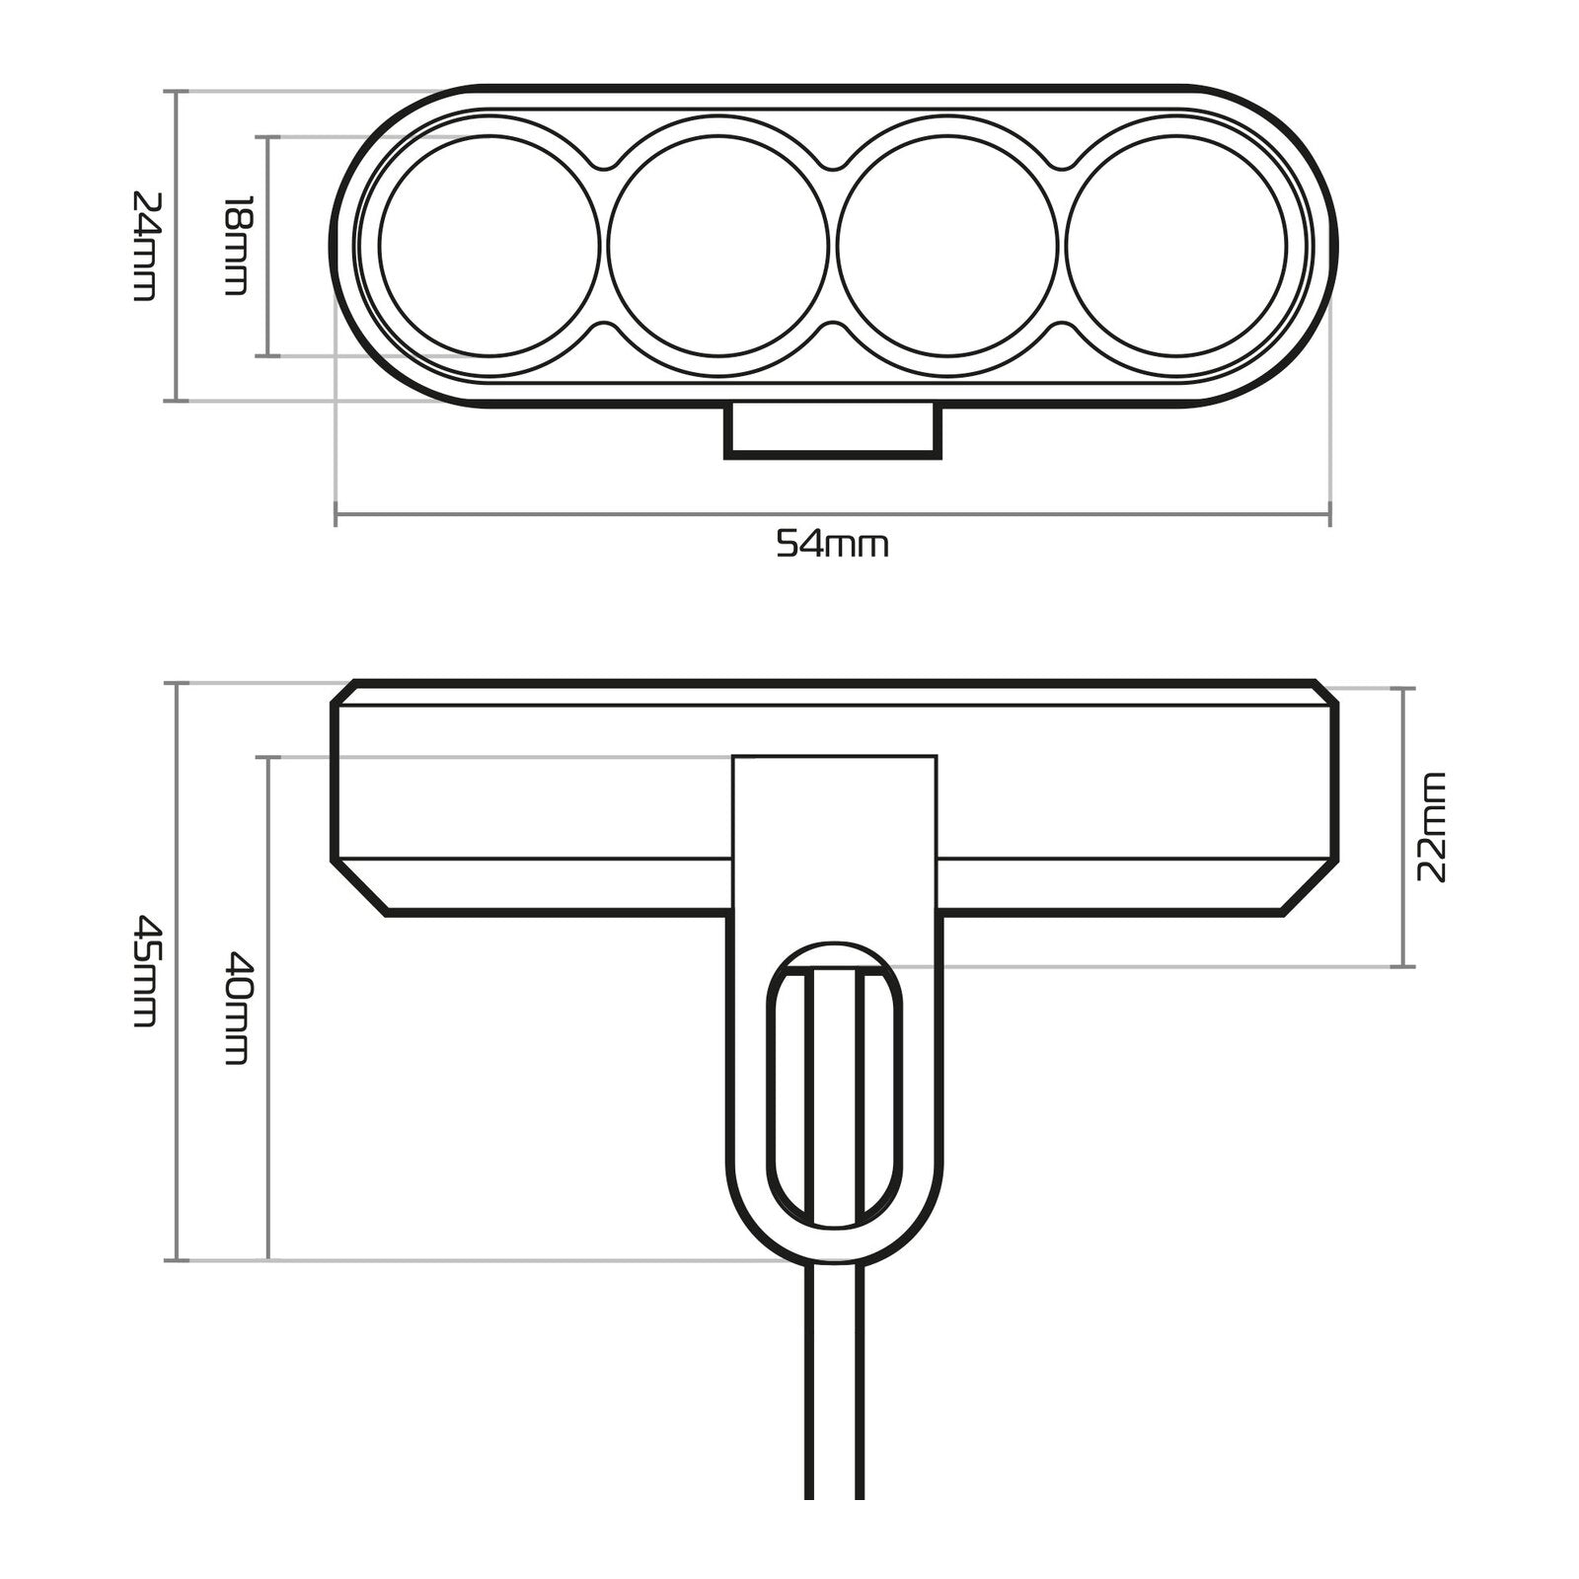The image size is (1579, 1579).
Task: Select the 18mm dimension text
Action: click(237, 245)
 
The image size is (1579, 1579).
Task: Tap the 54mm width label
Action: click(832, 544)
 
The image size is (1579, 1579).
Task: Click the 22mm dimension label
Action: click(1430, 827)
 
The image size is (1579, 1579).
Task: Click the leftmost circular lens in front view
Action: click(489, 245)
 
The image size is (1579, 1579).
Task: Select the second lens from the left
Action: click(718, 245)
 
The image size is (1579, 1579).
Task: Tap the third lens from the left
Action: click(947, 245)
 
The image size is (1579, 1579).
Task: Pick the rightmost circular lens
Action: click(1176, 245)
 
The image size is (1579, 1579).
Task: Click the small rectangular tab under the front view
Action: click(833, 430)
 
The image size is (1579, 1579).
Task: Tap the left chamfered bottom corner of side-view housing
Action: click(359, 888)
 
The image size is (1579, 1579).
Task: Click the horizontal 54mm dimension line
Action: click(592, 513)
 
